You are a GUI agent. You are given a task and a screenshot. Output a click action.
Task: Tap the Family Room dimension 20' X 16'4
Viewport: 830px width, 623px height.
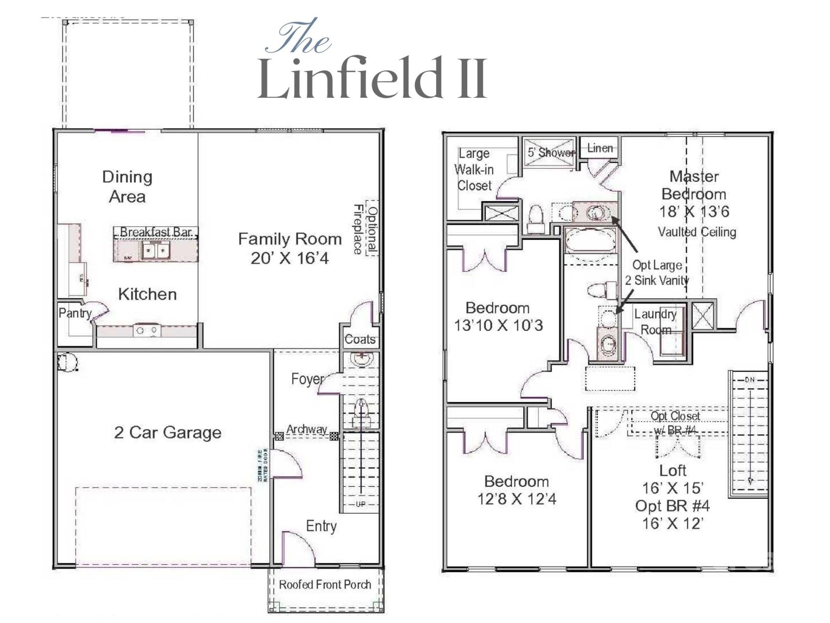pos(290,258)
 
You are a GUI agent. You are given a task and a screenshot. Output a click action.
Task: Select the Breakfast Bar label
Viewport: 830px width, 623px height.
pos(156,232)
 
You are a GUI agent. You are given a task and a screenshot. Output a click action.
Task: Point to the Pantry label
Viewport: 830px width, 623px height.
pos(75,313)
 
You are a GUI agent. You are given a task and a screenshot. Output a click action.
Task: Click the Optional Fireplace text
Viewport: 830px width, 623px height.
pos(366,229)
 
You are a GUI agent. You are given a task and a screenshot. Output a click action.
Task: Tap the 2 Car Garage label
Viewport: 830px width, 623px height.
pos(168,432)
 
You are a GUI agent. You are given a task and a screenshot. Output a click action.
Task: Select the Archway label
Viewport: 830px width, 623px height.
pos(306,429)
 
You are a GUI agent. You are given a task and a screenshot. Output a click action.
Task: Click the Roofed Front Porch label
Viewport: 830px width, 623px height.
pos(325,584)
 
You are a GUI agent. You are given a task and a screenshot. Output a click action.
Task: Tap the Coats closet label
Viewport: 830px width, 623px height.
pos(360,339)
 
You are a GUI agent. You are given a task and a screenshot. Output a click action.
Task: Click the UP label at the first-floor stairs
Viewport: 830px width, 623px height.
pos(360,504)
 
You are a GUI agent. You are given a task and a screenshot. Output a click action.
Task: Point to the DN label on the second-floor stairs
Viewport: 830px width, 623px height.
pos(749,379)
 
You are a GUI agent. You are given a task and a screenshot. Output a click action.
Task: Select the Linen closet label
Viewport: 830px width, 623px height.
pos(600,148)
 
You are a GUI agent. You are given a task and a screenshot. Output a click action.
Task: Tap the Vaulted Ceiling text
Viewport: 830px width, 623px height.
pos(697,232)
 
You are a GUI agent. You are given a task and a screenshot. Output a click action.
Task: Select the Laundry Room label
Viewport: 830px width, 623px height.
pos(655,322)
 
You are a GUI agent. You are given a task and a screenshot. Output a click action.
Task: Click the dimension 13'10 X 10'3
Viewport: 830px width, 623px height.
pos(498,325)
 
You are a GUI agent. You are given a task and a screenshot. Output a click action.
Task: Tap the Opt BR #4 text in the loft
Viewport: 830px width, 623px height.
pos(672,506)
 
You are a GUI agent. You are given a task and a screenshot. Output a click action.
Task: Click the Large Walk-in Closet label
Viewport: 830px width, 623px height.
pos(474,170)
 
